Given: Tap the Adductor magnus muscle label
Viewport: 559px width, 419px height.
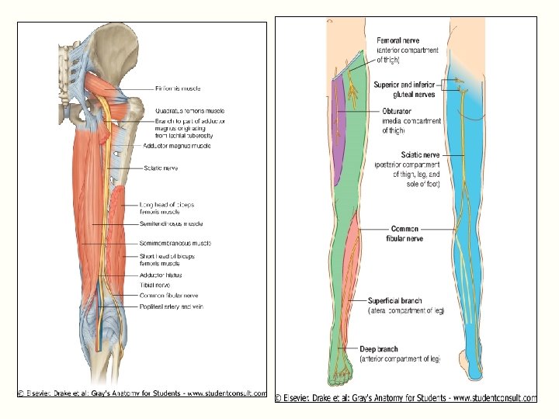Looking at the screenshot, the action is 176,146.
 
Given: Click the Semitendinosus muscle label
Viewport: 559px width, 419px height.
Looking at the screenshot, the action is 171,223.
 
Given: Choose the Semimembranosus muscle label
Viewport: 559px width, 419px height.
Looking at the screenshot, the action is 175,243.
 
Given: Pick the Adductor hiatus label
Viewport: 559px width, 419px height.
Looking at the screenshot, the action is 161,275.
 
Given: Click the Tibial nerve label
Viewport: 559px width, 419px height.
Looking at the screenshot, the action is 155,285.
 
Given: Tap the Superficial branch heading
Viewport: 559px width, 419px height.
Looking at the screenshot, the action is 396,300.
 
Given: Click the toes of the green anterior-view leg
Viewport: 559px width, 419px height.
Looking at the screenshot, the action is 342,379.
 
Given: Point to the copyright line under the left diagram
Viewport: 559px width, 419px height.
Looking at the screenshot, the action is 143,393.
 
